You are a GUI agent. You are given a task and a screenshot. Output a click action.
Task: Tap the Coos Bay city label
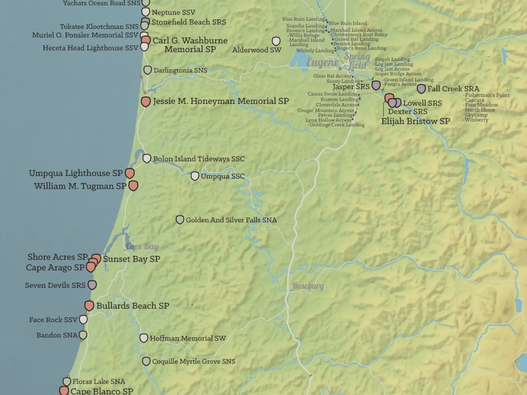[142, 246]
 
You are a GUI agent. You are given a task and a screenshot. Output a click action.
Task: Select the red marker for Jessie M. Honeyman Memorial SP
[146, 101]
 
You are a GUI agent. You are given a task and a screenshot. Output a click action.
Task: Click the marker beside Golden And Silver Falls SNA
[180, 220]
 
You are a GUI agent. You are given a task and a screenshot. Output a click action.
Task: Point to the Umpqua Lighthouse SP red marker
[130, 173]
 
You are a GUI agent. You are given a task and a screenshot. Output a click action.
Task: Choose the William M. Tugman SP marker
[133, 186]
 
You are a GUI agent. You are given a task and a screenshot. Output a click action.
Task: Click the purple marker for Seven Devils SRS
[92, 285]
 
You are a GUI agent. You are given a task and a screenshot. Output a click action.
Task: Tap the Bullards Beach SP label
[133, 305]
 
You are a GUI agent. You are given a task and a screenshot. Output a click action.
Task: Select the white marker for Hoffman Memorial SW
[144, 338]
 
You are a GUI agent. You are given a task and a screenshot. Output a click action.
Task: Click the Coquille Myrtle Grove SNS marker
[146, 361]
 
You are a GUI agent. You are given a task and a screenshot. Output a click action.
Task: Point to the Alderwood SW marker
[276, 41]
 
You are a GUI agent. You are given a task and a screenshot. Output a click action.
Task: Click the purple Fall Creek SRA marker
[421, 89]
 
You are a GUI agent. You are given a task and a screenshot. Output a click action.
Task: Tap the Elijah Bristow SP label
[415, 121]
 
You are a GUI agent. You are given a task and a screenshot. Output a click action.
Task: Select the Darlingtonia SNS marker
[147, 70]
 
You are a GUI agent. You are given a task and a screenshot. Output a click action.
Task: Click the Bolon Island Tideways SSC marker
[147, 158]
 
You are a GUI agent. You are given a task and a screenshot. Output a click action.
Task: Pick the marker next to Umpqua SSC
[195, 176]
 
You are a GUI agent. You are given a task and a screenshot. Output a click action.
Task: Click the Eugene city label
[322, 62]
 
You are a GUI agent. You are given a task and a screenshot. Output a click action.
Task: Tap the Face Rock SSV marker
[83, 319]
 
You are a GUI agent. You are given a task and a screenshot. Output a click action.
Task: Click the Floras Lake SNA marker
[67, 381]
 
